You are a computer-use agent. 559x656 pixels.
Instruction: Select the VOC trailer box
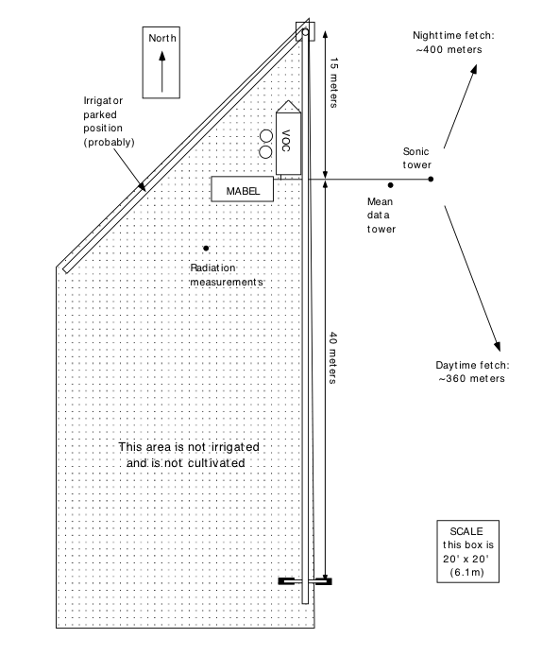pyautogui.click(x=288, y=138)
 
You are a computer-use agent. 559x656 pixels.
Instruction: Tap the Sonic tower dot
pyautogui.click(x=431, y=179)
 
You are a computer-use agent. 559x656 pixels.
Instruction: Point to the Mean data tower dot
pyautogui.click(x=391, y=185)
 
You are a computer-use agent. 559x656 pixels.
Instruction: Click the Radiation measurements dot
pyautogui.click(x=206, y=248)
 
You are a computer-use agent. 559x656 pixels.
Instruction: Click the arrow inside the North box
pyautogui.click(x=162, y=71)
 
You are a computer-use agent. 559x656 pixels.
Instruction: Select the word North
pyautogui.click(x=162, y=38)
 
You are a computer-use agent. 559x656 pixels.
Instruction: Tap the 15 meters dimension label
pyautogui.click(x=334, y=83)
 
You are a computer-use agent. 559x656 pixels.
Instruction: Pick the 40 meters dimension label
pyautogui.click(x=333, y=357)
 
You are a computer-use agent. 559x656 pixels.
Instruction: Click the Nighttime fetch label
pyautogui.click(x=453, y=43)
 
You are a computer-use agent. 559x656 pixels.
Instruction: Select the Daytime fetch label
pyautogui.click(x=472, y=371)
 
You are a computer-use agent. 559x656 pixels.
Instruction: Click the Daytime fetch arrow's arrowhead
pyautogui.click(x=498, y=346)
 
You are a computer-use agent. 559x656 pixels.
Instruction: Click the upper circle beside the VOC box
pyautogui.click(x=266, y=136)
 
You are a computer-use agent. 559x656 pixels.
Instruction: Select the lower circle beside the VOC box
pyautogui.click(x=265, y=152)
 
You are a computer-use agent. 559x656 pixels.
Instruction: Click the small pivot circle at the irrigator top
pyautogui.click(x=305, y=32)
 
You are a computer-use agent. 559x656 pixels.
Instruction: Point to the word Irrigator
pyautogui.click(x=103, y=101)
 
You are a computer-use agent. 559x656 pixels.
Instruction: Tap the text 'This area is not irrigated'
pyautogui.click(x=189, y=447)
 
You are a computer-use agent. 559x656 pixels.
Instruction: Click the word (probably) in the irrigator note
pyautogui.click(x=109, y=142)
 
